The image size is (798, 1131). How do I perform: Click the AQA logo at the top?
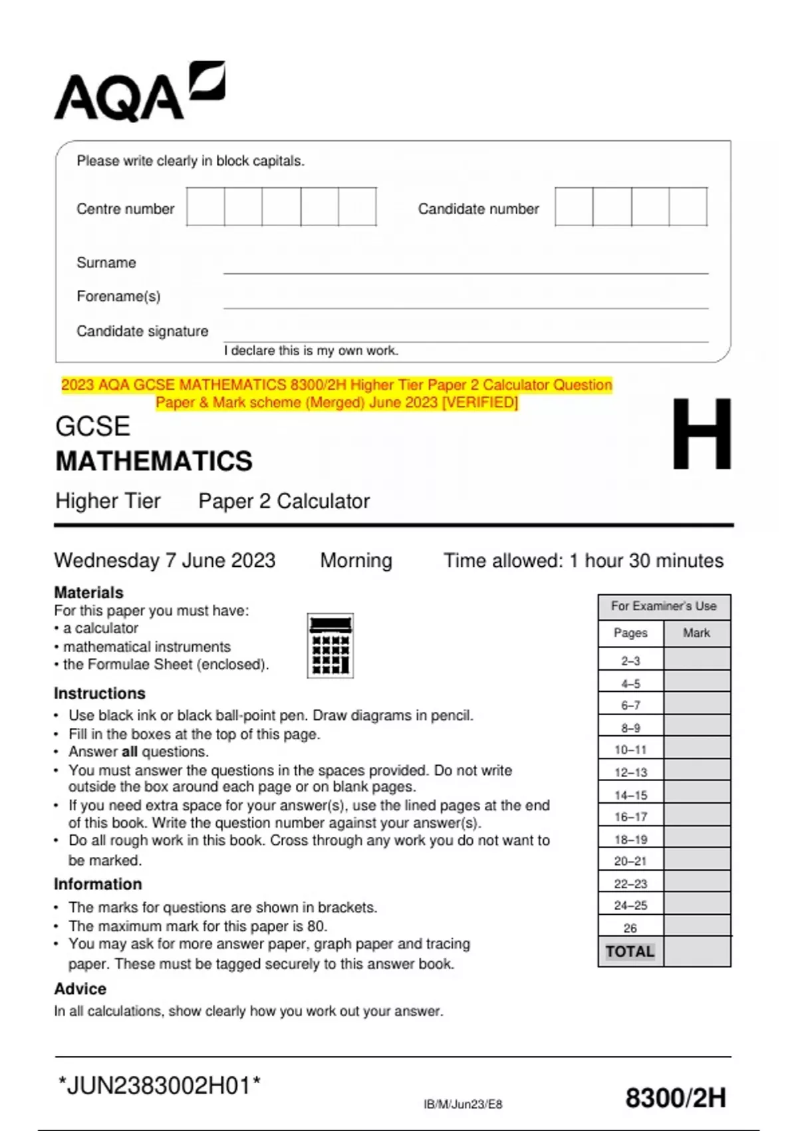(139, 93)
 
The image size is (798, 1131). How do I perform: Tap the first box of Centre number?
(205, 207)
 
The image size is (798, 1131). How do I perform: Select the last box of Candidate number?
(688, 207)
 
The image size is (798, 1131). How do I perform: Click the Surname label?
(106, 263)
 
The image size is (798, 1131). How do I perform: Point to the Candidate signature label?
(142, 331)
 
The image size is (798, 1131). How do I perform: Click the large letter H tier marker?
(701, 434)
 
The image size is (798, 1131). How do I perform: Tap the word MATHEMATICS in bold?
(154, 461)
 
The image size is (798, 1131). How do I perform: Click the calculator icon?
(331, 645)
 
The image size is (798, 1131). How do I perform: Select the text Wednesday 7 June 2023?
(164, 560)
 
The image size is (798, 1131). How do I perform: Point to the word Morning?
(356, 560)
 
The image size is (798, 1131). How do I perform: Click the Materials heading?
(88, 592)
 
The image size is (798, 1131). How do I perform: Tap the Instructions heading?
(99, 693)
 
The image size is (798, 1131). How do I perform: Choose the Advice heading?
(80, 989)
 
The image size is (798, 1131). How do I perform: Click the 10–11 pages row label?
(630, 750)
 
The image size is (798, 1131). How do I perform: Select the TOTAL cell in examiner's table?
(630, 951)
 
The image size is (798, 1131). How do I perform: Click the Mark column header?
(696, 633)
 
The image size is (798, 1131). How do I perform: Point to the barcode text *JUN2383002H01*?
(160, 1086)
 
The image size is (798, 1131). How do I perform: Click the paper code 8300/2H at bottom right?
(675, 1098)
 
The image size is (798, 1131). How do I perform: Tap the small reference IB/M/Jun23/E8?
(463, 1104)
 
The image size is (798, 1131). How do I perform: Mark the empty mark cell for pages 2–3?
(696, 660)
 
